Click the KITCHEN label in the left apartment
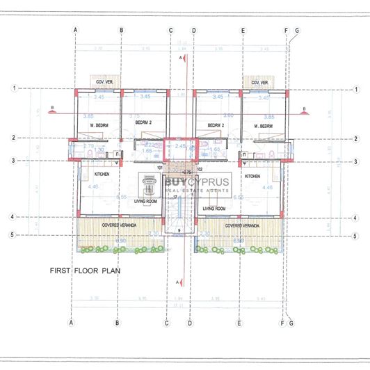[x=94, y=176]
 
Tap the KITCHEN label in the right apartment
[x=252, y=176]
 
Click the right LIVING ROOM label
[x=214, y=208]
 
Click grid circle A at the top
[x=74, y=30]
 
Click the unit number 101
[x=159, y=168]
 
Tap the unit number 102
[x=198, y=168]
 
